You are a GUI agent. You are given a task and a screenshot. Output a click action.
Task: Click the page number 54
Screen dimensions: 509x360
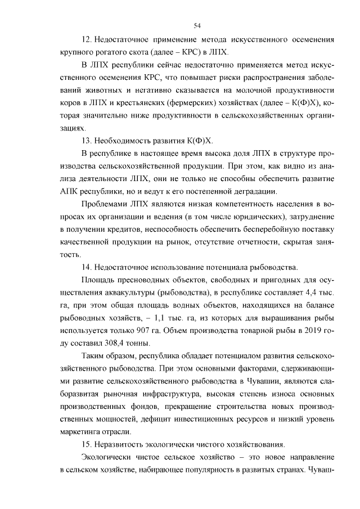(x=197, y=25)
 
